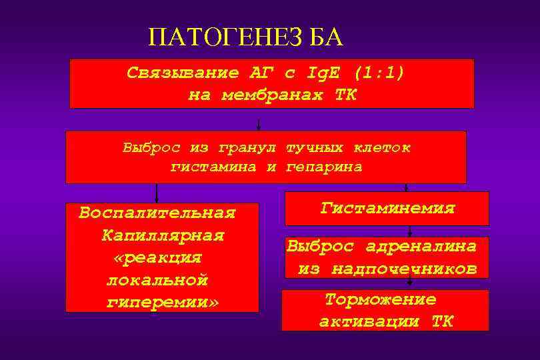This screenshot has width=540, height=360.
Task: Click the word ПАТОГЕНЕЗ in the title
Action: [x=226, y=38]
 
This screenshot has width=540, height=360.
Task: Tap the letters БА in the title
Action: [x=326, y=38]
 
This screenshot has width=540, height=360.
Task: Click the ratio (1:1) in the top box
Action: [x=379, y=72]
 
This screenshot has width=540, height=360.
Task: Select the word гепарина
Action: [x=325, y=167]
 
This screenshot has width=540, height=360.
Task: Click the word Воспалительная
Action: [x=157, y=213]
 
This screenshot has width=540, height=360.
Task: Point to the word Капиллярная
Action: [x=163, y=236]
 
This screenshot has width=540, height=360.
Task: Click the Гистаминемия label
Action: [x=387, y=209]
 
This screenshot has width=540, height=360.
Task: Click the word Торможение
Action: [x=381, y=299]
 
